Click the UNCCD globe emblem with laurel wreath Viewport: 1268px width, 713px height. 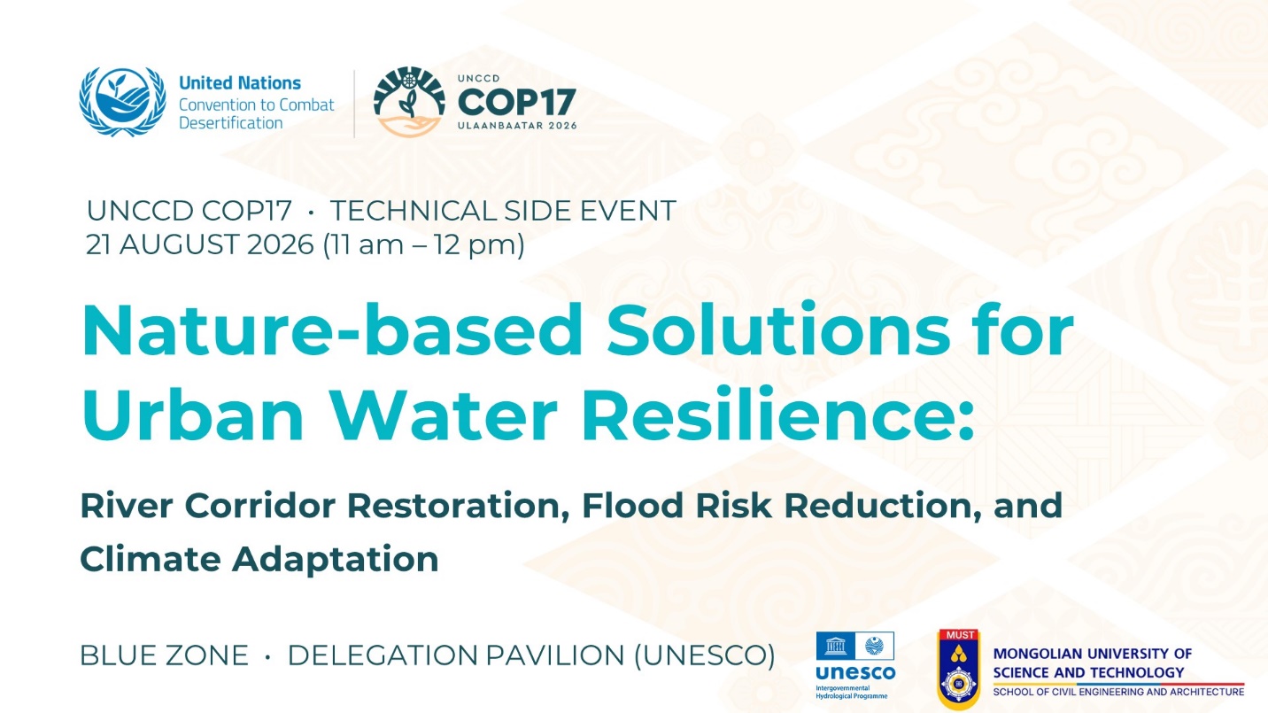tap(122, 102)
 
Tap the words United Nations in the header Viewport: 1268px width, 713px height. tap(240, 83)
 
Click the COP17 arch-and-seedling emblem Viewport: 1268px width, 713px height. tap(409, 102)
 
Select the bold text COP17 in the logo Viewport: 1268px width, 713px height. tap(516, 102)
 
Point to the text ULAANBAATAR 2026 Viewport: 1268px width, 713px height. tap(517, 126)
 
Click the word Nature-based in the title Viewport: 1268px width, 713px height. tap(332, 330)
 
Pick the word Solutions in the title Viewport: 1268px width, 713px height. tap(778, 330)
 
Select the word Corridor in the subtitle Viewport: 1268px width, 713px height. tap(259, 505)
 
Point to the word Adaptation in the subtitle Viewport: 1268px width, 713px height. tap(335, 560)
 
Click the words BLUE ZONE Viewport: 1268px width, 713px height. tap(164, 655)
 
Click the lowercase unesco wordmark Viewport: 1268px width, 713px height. tap(855, 673)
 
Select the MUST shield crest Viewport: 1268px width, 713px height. tap(958, 669)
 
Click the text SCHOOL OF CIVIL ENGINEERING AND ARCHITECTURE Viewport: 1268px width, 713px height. tap(1118, 692)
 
